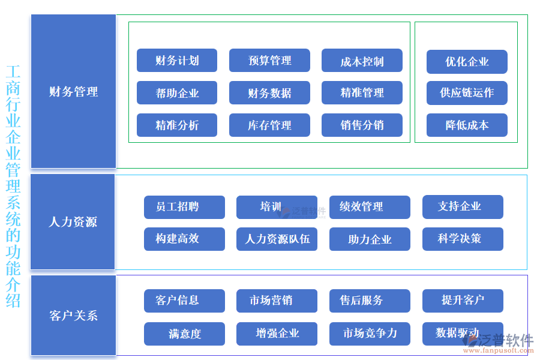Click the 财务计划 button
177,61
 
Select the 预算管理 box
269,61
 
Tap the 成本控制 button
362,61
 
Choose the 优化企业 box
467,62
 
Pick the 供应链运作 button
467,93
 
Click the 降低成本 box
467,125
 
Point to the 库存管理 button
269,125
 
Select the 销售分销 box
362,125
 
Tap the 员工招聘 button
184,207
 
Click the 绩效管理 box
370,207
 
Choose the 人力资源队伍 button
277,239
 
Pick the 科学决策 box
463,239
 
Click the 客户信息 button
184,301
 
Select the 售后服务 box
370,301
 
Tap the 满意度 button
184,334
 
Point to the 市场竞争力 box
370,334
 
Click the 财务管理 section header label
73,92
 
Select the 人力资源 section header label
73,222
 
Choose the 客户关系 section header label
73,316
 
